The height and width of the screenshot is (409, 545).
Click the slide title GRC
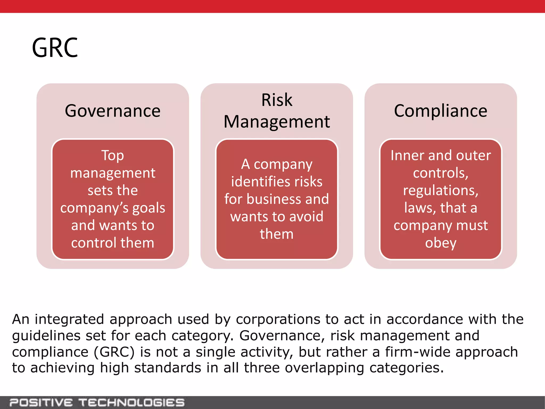[x=55, y=48]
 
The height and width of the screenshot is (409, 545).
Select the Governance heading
[x=113, y=111]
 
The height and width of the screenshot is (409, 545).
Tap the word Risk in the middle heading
[x=277, y=100]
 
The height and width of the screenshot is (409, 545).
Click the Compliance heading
[x=440, y=111]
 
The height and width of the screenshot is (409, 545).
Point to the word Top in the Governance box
[x=113, y=156]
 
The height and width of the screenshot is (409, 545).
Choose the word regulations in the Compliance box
[x=440, y=191]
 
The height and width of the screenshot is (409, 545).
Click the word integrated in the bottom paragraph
[x=69, y=320]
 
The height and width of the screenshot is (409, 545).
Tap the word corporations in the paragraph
[x=278, y=320]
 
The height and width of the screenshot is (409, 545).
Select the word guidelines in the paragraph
[x=46, y=336]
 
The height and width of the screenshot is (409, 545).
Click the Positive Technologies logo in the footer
[x=97, y=403]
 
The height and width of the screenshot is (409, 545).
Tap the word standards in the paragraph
[x=167, y=368]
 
